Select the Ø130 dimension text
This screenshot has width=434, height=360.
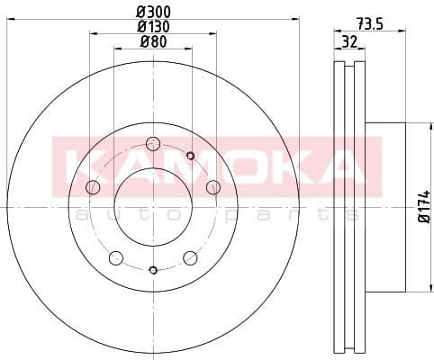[155, 27]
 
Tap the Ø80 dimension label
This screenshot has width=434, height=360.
[155, 42]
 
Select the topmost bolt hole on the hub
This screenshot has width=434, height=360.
[152, 144]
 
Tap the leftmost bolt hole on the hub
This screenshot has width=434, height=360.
[92, 187]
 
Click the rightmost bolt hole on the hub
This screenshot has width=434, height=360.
[213, 187]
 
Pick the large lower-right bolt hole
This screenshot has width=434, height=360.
[190, 258]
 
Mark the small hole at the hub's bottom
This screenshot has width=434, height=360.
[152, 270]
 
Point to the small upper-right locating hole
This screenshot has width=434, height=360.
[190, 157]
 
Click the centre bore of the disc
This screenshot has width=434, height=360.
[152, 207]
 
